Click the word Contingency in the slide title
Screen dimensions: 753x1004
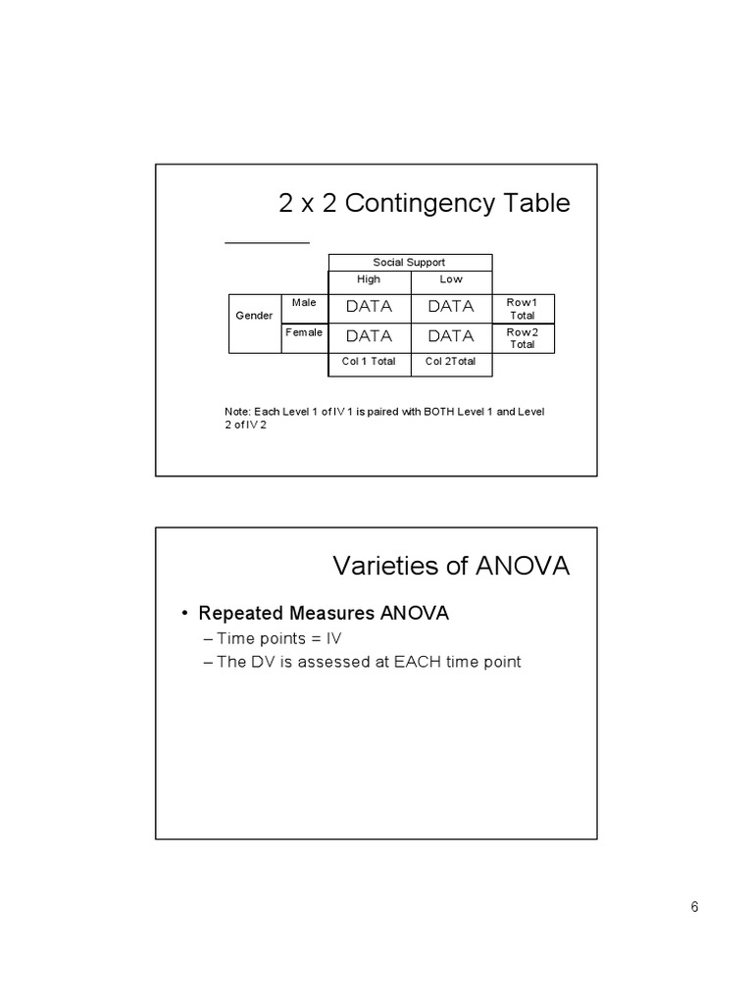[x=410, y=203]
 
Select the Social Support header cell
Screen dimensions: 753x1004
[x=409, y=262]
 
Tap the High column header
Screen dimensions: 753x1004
[x=369, y=279]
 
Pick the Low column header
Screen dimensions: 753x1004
[x=451, y=279]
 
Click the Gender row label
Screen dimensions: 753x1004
[x=254, y=316]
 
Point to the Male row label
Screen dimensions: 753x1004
[x=304, y=303]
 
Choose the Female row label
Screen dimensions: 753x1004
[x=304, y=332]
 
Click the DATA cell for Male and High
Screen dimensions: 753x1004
[x=369, y=306]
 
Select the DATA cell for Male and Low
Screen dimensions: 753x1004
[x=451, y=306]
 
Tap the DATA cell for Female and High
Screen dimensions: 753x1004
[x=369, y=335]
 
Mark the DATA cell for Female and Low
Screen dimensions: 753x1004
[x=451, y=335]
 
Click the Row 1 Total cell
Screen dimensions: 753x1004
[x=522, y=309]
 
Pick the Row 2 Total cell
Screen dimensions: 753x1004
[x=522, y=338]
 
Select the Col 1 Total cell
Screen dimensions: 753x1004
[x=369, y=362]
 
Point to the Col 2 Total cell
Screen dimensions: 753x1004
[x=451, y=362]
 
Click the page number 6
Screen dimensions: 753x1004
[x=694, y=906]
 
